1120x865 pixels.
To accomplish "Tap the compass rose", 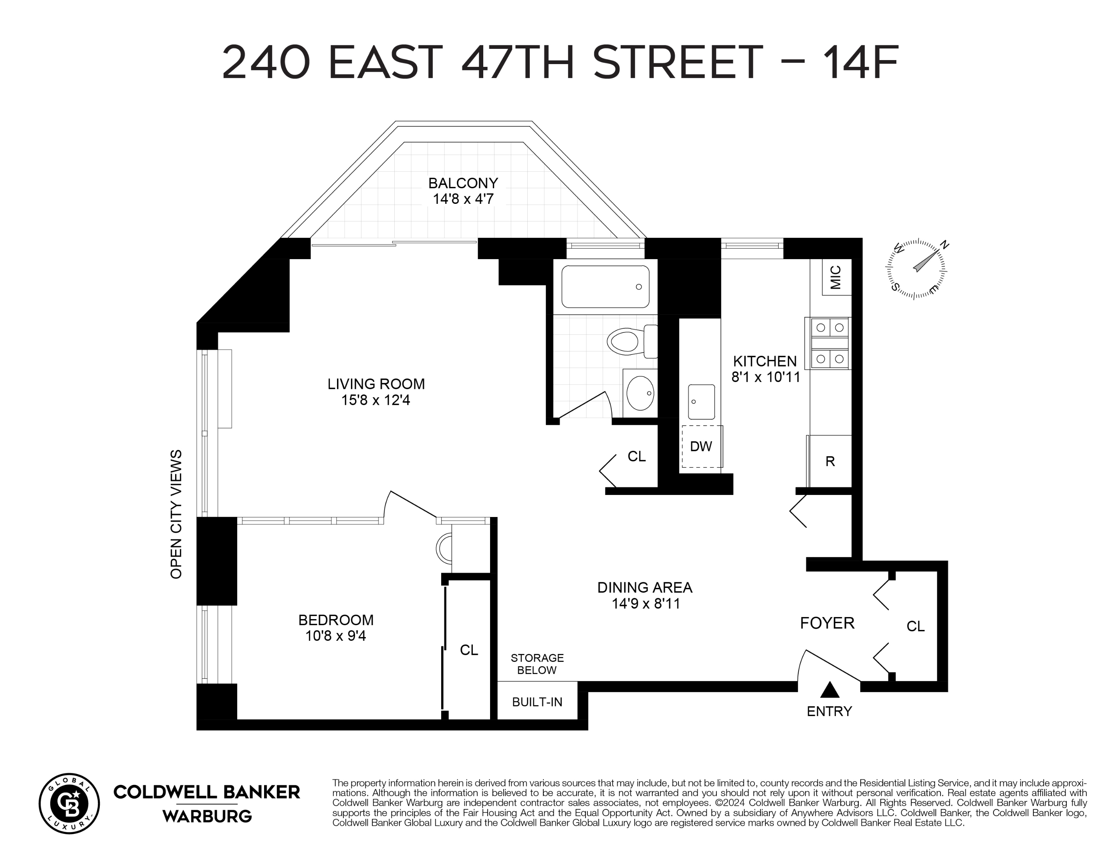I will (x=916, y=269).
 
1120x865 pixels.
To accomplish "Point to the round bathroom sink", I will (x=640, y=393).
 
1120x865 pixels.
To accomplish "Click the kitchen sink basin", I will (x=700, y=402).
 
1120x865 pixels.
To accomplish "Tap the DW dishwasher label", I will (x=700, y=447).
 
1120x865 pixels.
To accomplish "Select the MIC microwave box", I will (x=836, y=277).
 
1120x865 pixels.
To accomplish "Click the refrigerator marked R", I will (x=830, y=461).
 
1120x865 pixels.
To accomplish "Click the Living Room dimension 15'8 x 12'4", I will (x=376, y=400).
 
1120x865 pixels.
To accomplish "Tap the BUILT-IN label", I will (x=537, y=702).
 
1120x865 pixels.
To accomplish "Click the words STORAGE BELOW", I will (x=537, y=664).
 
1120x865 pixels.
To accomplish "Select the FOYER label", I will (x=827, y=623).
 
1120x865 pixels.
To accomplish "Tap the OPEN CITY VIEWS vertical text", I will (x=176, y=514).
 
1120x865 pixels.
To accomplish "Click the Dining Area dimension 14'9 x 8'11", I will (x=646, y=603).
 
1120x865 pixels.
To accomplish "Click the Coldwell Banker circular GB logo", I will (x=69, y=803).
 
